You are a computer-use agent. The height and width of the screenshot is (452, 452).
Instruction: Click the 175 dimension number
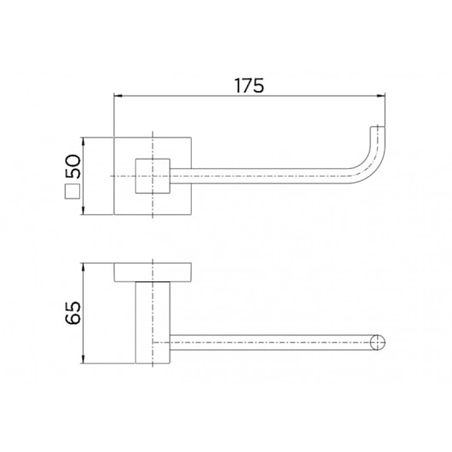[x=249, y=85]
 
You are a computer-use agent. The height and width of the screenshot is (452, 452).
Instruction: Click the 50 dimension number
[x=73, y=166]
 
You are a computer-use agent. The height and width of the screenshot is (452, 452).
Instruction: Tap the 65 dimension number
[x=73, y=313]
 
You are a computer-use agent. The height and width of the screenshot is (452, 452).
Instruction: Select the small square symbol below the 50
[x=72, y=192]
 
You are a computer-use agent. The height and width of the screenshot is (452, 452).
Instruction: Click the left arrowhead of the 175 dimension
[x=118, y=96]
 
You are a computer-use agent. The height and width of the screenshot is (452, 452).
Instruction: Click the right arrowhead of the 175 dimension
[x=382, y=96]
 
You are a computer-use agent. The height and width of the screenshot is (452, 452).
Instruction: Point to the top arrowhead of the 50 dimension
[x=84, y=141]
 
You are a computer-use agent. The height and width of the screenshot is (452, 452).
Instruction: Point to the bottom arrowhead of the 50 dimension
[x=84, y=211]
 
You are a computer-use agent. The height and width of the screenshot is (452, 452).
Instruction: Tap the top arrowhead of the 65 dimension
[x=84, y=267]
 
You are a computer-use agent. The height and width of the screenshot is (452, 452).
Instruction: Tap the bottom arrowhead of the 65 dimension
[x=84, y=359]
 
